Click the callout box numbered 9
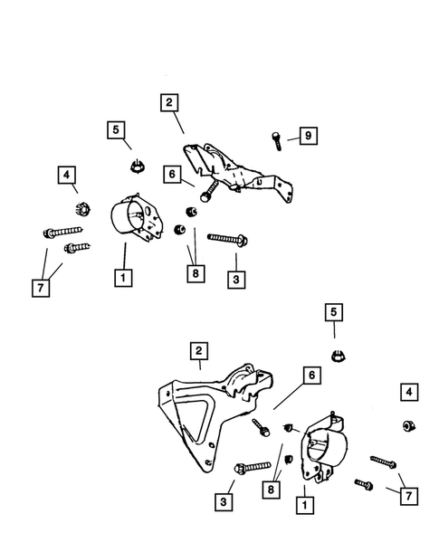click(308, 136)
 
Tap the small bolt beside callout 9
click(276, 141)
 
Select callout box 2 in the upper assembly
click(169, 102)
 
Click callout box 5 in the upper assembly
click(116, 129)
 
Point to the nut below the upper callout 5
click(138, 166)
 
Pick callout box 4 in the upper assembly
click(67, 175)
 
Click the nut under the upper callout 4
click(82, 209)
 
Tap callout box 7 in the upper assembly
click(41, 288)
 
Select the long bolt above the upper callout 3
click(227, 239)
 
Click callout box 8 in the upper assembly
click(196, 273)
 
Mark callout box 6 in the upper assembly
click(172, 174)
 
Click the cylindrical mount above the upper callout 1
click(137, 217)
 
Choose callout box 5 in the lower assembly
click(334, 312)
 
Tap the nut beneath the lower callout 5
click(338, 356)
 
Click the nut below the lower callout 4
click(409, 426)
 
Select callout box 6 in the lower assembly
click(311, 375)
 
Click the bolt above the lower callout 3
click(253, 468)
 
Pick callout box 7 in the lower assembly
click(408, 496)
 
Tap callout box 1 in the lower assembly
click(305, 505)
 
